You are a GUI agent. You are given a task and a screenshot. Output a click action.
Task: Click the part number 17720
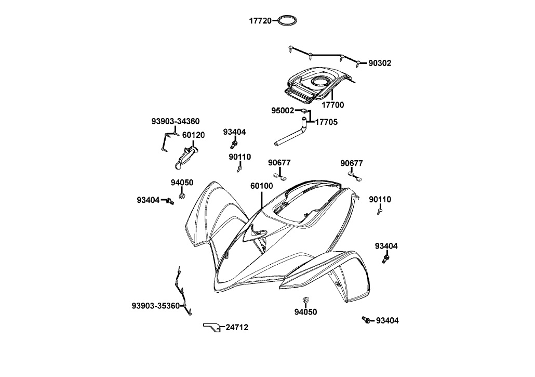[260, 21]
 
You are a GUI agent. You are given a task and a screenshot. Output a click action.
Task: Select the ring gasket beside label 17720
[288, 21]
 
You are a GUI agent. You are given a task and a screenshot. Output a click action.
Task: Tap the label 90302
[380, 63]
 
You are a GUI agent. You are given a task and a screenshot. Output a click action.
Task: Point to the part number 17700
[332, 105]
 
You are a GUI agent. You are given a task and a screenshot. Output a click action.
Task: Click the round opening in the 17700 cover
[318, 82]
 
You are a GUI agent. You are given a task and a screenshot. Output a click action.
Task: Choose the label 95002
[283, 111]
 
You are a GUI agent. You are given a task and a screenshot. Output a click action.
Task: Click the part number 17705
[327, 122]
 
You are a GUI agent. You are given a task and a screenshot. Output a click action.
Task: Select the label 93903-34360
[176, 121]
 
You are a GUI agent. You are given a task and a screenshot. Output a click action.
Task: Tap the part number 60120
[193, 135]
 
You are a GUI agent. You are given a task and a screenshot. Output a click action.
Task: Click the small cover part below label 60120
[185, 157]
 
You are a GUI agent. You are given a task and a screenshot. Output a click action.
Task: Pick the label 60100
[261, 186]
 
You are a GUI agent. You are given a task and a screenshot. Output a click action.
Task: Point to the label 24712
[237, 327]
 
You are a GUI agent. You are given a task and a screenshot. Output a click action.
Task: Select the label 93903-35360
[156, 305]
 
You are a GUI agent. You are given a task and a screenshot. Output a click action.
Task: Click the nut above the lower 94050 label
[305, 301]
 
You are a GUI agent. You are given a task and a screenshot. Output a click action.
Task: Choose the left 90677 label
[279, 163]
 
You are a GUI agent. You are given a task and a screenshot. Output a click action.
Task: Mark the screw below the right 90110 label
[380, 211]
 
